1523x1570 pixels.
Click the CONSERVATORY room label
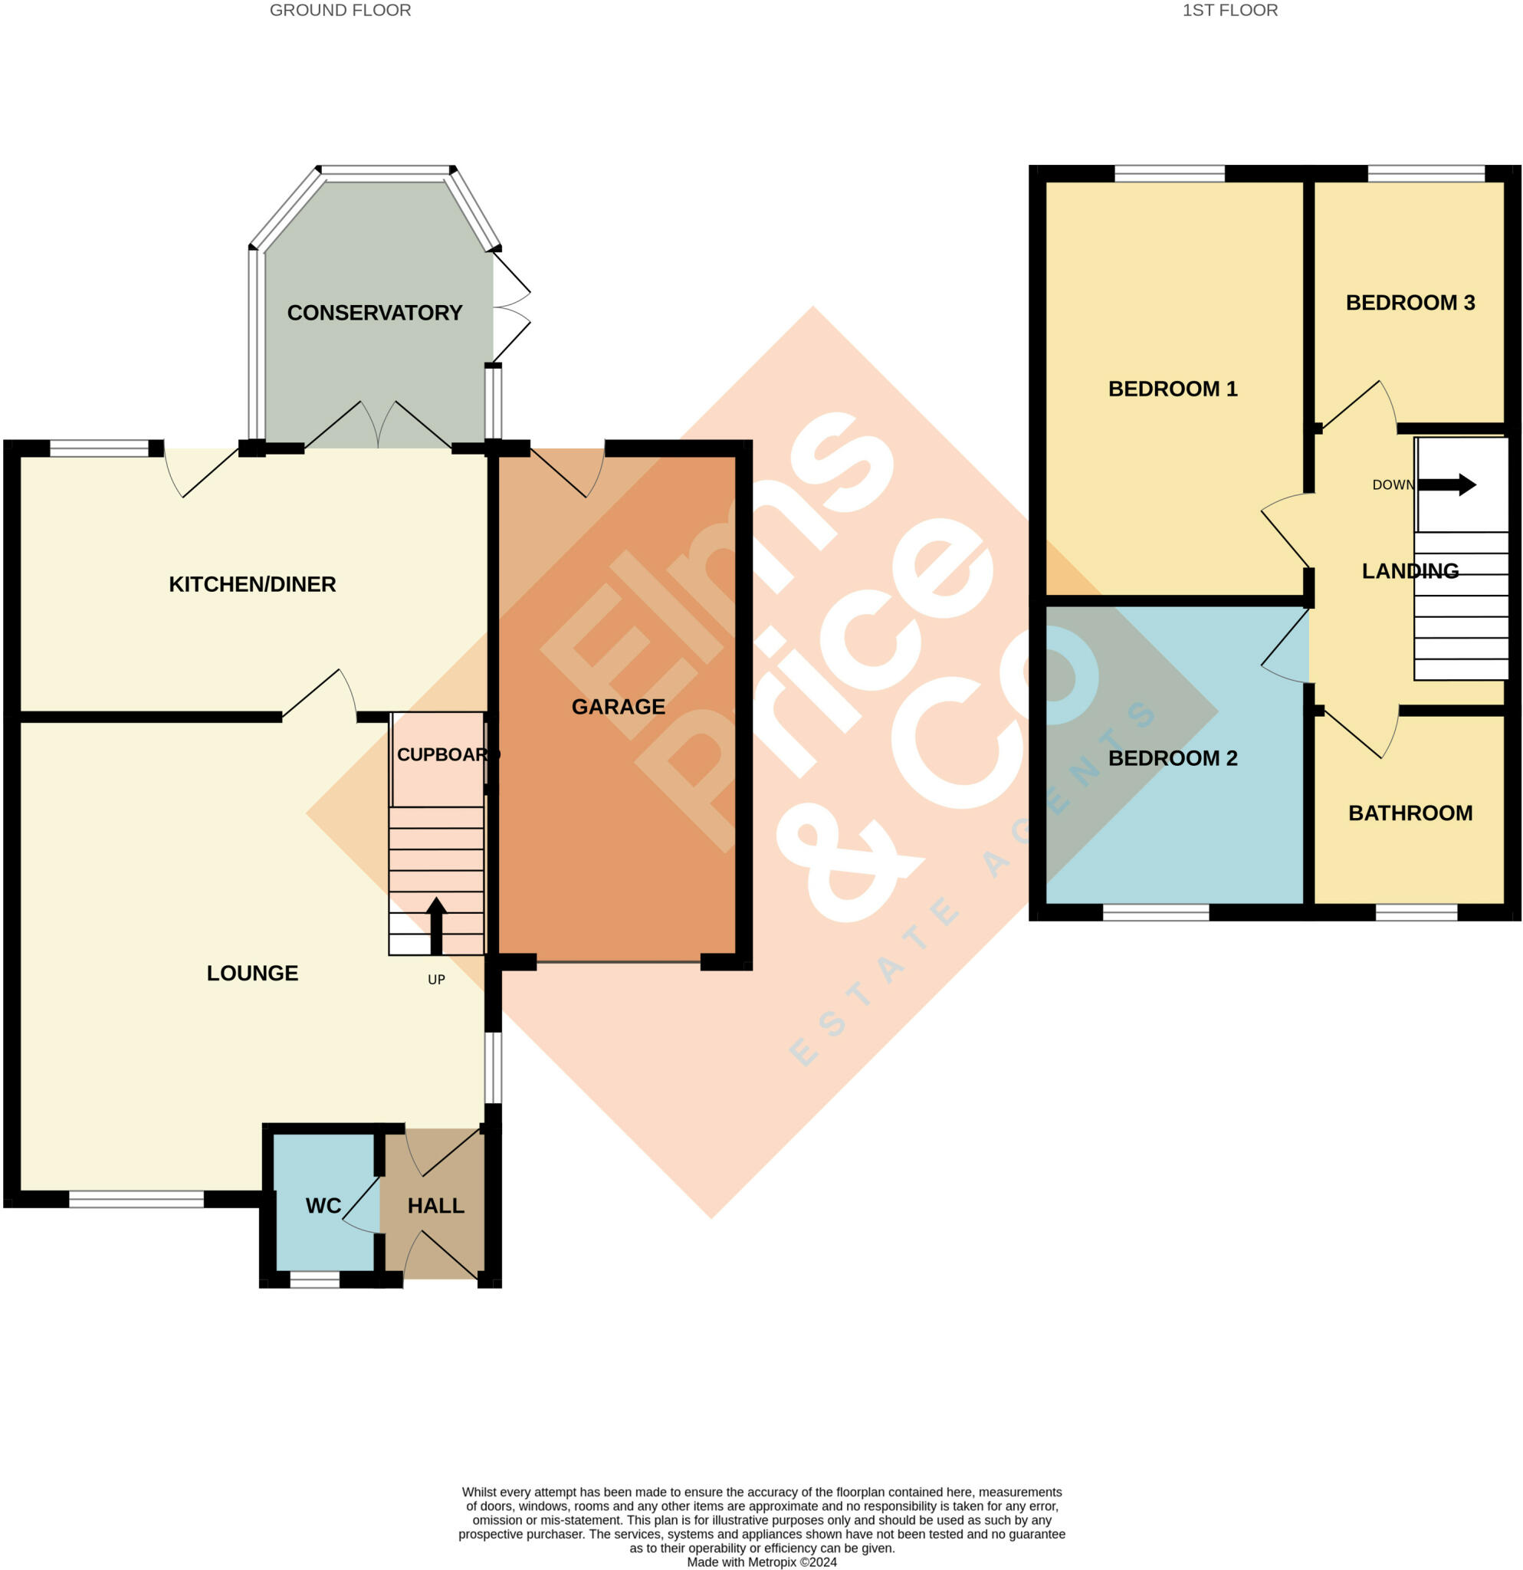pyautogui.click(x=375, y=313)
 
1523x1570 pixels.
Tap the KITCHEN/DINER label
pyautogui.click(x=252, y=584)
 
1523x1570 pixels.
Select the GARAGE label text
pyautogui.click(x=619, y=707)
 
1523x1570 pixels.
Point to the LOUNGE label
pyautogui.click(x=252, y=973)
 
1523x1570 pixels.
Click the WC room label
pyautogui.click(x=323, y=1206)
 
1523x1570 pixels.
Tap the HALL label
pyautogui.click(x=435, y=1206)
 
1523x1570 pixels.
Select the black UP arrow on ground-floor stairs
pyautogui.click(x=436, y=926)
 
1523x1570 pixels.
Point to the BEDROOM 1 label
pyautogui.click(x=1172, y=389)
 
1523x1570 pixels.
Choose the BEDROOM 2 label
pyautogui.click(x=1172, y=757)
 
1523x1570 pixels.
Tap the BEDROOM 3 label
pyautogui.click(x=1410, y=303)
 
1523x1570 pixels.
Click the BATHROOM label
pyautogui.click(x=1410, y=813)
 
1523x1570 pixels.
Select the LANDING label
pyautogui.click(x=1410, y=571)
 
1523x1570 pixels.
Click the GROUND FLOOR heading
pyautogui.click(x=340, y=11)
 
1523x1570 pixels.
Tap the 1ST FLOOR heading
pyautogui.click(x=1230, y=11)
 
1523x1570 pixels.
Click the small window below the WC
pyautogui.click(x=315, y=1281)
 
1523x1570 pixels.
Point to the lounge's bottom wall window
pyautogui.click(x=136, y=1199)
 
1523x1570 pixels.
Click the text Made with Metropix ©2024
pyautogui.click(x=762, y=1562)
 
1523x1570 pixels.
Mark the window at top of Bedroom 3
pyautogui.click(x=1426, y=173)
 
